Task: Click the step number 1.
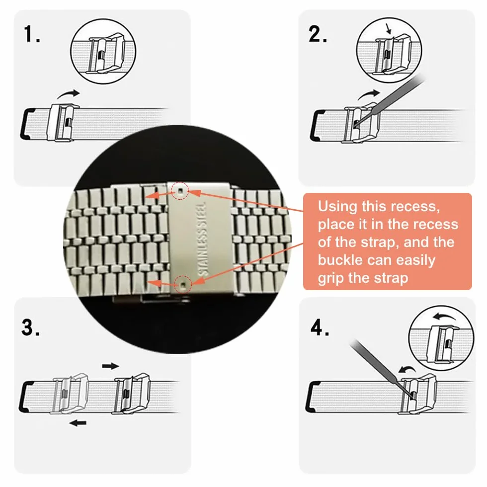tap(32, 34)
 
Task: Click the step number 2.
tap(318, 34)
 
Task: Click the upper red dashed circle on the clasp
tap(180, 190)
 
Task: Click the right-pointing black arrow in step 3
tap(110, 366)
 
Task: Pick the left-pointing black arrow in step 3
tap(78, 422)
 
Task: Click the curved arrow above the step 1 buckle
tap(68, 93)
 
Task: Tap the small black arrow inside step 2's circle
tap(388, 29)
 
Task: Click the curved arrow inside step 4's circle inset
tap(445, 317)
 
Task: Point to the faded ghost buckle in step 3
tap(71, 393)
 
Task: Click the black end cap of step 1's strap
tap(27, 124)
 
